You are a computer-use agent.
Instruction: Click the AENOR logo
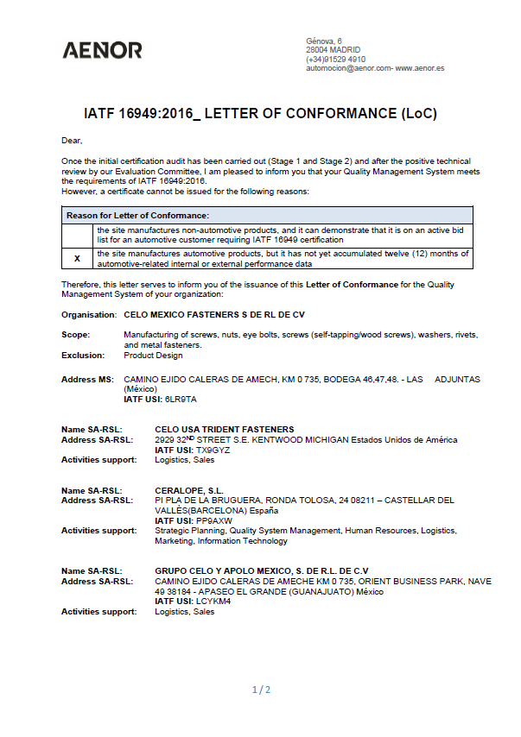coord(102,50)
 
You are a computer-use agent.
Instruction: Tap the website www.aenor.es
coord(420,68)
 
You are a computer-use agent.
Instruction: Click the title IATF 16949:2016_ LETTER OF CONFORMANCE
coord(260,114)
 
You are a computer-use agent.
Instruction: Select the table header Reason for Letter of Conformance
coord(138,215)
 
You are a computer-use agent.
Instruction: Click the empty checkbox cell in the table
coord(77,235)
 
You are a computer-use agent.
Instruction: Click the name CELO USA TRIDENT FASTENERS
coord(224,429)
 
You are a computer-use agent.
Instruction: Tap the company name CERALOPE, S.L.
coord(190,490)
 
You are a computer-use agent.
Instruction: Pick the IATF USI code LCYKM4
coord(213,602)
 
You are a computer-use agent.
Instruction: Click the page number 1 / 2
coord(261,690)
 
